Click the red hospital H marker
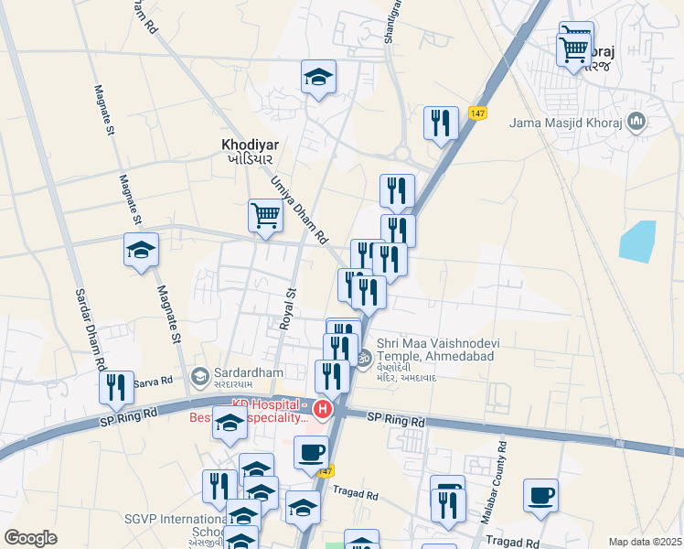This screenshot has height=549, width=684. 322,408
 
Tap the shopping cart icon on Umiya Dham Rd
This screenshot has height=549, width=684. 265,217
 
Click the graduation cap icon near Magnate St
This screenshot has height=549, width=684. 142,250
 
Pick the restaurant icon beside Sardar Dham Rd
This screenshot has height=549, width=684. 116,387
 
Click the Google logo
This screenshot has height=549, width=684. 30,538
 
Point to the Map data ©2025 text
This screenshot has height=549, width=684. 645,542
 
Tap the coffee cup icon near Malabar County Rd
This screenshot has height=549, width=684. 540,495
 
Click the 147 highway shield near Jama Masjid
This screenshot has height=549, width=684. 476,113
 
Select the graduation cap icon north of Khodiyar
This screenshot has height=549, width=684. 318,78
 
